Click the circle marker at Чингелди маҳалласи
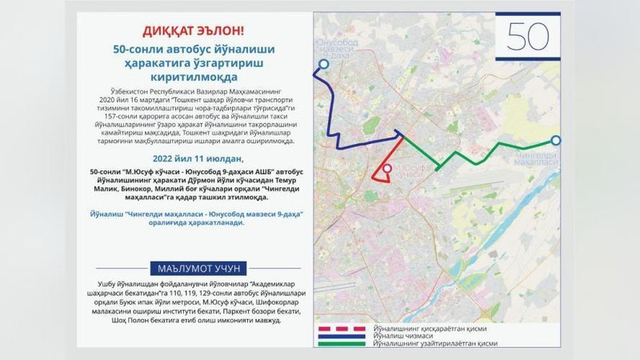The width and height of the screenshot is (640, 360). [556, 141]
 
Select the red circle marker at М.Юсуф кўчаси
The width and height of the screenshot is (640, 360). [386, 169]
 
